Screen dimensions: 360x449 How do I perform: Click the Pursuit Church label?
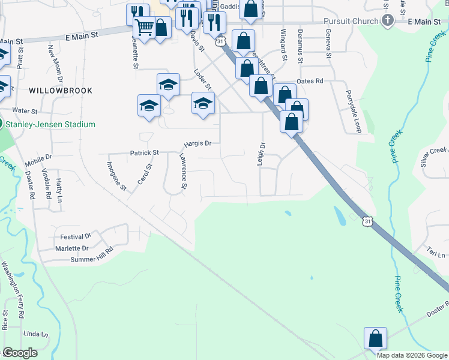(x=351, y=21)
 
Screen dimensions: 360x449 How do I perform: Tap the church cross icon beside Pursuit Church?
(x=388, y=21)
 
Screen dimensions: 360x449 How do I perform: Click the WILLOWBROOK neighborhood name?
(x=60, y=91)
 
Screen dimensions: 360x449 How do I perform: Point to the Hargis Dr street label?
(x=198, y=143)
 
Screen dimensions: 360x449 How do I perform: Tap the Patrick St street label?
(x=144, y=153)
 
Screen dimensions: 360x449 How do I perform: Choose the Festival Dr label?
(x=75, y=236)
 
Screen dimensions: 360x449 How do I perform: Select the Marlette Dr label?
(x=72, y=248)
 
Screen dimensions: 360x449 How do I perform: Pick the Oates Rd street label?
(x=310, y=81)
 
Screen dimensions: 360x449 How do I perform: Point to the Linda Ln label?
(x=36, y=334)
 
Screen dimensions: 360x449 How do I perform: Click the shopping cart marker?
(x=144, y=27)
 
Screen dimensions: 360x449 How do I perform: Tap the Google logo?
(x=19, y=353)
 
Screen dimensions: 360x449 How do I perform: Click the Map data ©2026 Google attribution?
(x=411, y=355)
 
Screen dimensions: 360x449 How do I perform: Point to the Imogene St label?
(x=117, y=176)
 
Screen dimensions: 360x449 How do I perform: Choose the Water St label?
(x=25, y=111)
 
